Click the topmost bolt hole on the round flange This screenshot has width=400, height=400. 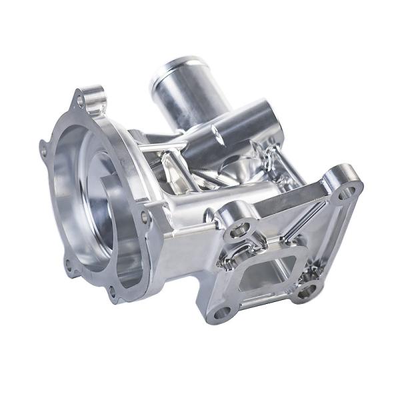click(81, 101)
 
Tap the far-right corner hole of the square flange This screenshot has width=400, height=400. click(346, 193)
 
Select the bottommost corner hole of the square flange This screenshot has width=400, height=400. click(223, 311)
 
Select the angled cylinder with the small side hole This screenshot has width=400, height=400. click(240, 133)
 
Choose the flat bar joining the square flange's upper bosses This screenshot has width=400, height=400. click(287, 200)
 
